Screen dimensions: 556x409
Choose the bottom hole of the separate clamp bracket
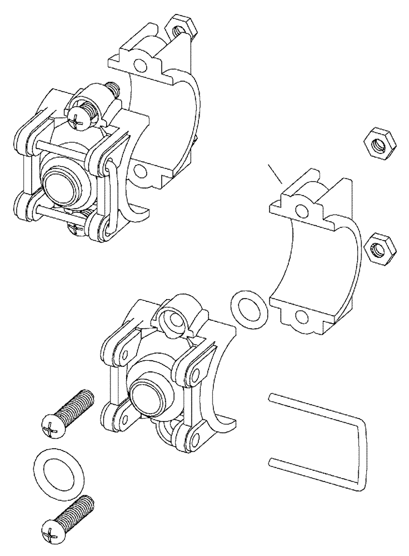[302, 317]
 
